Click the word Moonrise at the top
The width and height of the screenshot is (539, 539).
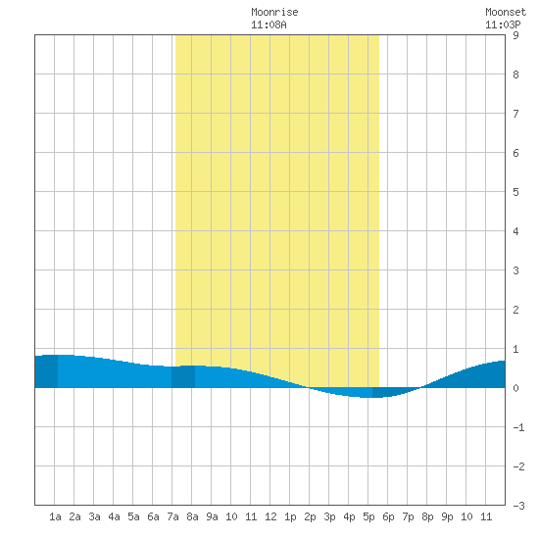click(274, 12)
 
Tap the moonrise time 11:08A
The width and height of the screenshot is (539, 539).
click(269, 24)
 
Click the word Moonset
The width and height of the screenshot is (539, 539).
click(506, 12)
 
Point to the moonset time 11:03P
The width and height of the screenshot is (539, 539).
click(503, 24)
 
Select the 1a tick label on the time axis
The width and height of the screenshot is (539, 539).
click(55, 516)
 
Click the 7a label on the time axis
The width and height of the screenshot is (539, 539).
click(172, 516)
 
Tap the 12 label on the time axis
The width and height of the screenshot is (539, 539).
click(270, 516)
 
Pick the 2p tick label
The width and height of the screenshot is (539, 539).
click(310, 516)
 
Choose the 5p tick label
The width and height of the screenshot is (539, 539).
click(368, 516)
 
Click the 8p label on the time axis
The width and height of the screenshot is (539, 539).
click(427, 516)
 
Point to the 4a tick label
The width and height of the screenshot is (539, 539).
click(114, 516)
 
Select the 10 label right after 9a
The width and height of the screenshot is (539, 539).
click(231, 516)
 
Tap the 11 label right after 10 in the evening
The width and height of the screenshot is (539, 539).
click(486, 516)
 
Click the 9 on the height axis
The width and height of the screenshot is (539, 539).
click(515, 35)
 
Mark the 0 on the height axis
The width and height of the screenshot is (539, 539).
click(515, 388)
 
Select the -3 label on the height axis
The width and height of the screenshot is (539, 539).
click(518, 506)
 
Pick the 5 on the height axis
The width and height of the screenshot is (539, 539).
click(515, 192)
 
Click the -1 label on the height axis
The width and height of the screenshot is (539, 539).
click(518, 427)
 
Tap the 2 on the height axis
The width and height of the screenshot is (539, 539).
click(515, 310)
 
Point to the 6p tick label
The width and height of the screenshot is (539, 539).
click(388, 516)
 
